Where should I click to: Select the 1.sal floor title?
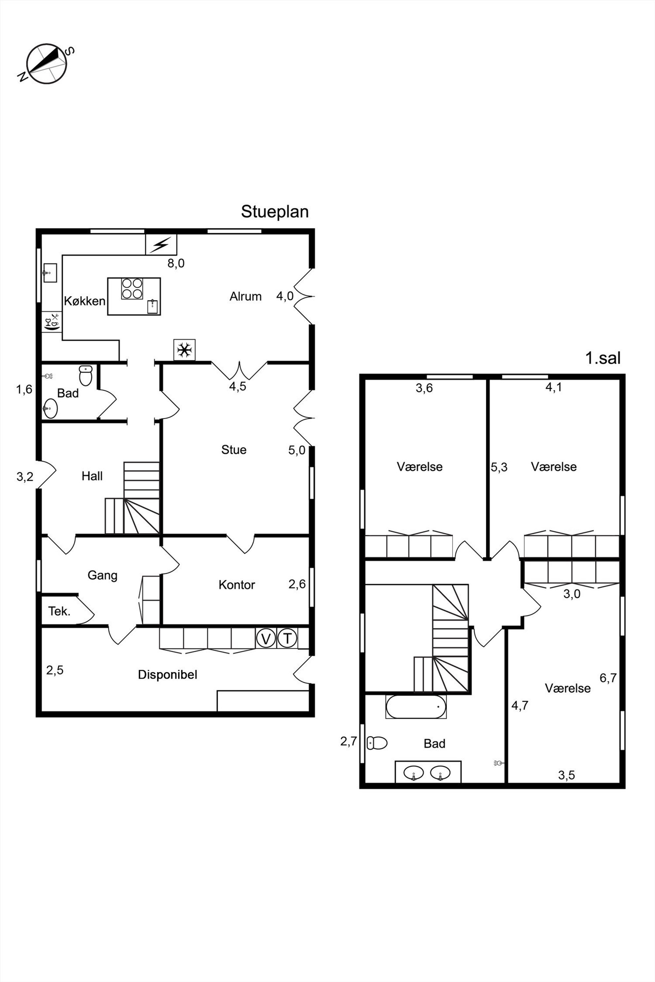(603, 358)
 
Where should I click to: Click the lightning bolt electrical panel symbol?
(161, 245)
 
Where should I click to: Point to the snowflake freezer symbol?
(185, 349)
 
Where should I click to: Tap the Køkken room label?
(85, 301)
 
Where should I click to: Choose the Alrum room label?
(246, 296)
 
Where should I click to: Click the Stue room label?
(234, 450)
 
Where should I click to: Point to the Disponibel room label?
(167, 675)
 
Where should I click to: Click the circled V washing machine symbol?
(266, 638)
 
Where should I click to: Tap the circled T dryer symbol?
(287, 638)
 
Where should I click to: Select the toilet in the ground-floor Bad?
(86, 376)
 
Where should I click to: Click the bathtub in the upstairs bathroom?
(416, 707)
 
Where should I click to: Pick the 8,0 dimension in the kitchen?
(176, 263)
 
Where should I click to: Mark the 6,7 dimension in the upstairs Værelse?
(608, 678)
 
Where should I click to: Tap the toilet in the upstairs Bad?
(377, 743)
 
